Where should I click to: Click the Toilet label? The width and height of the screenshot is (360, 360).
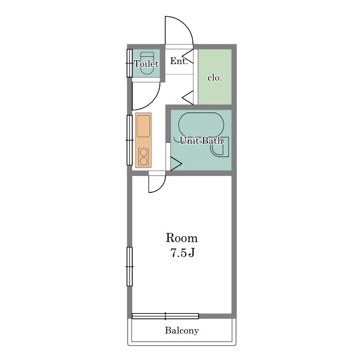tap(146, 64)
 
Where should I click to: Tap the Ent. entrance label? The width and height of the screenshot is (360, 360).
tap(179, 61)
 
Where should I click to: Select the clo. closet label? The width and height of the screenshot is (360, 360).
tap(215, 78)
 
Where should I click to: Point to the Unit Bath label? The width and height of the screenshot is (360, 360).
tap(201, 141)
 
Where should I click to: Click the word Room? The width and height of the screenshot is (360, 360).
tap(182, 238)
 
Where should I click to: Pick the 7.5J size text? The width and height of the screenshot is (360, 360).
tap(182, 253)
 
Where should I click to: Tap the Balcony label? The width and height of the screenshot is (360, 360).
tap(182, 331)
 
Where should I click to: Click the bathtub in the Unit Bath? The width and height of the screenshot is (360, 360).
tap(201, 125)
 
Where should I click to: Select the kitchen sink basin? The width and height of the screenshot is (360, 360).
tap(143, 126)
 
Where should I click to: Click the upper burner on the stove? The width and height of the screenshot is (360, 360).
tap(143, 152)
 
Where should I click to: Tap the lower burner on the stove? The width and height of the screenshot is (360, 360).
tap(143, 161)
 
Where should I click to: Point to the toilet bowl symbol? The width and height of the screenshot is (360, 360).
tap(147, 63)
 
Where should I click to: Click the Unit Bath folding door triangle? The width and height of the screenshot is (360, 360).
tap(176, 164)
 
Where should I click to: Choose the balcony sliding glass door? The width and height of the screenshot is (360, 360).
tap(165, 316)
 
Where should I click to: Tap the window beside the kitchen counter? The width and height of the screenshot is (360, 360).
tap(130, 140)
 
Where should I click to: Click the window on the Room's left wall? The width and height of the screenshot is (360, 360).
tap(130, 267)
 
